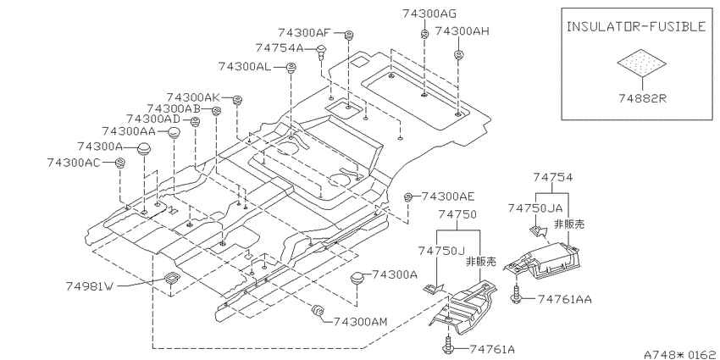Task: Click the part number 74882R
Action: (642, 99)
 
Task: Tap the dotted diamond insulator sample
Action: (642, 63)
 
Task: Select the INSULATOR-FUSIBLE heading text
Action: (636, 26)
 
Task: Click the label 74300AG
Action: (429, 14)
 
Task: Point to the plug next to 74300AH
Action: (458, 55)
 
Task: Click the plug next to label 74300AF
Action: (348, 34)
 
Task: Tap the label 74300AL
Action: (246, 67)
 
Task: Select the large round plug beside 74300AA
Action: (173, 134)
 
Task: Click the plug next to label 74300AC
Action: (119, 162)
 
